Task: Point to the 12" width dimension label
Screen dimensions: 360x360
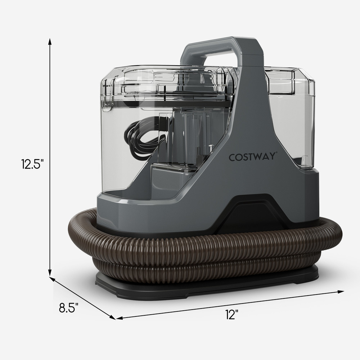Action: pos(232,314)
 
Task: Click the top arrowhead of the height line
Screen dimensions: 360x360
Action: pos(50,40)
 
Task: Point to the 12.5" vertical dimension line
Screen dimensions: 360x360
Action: pos(50,108)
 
